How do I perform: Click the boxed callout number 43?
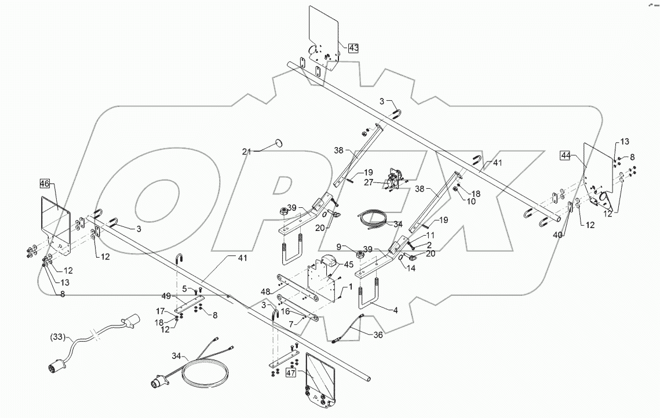click(353, 48)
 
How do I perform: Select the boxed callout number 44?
click(566, 155)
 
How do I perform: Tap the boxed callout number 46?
click(45, 184)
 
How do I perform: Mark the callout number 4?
click(396, 310)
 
